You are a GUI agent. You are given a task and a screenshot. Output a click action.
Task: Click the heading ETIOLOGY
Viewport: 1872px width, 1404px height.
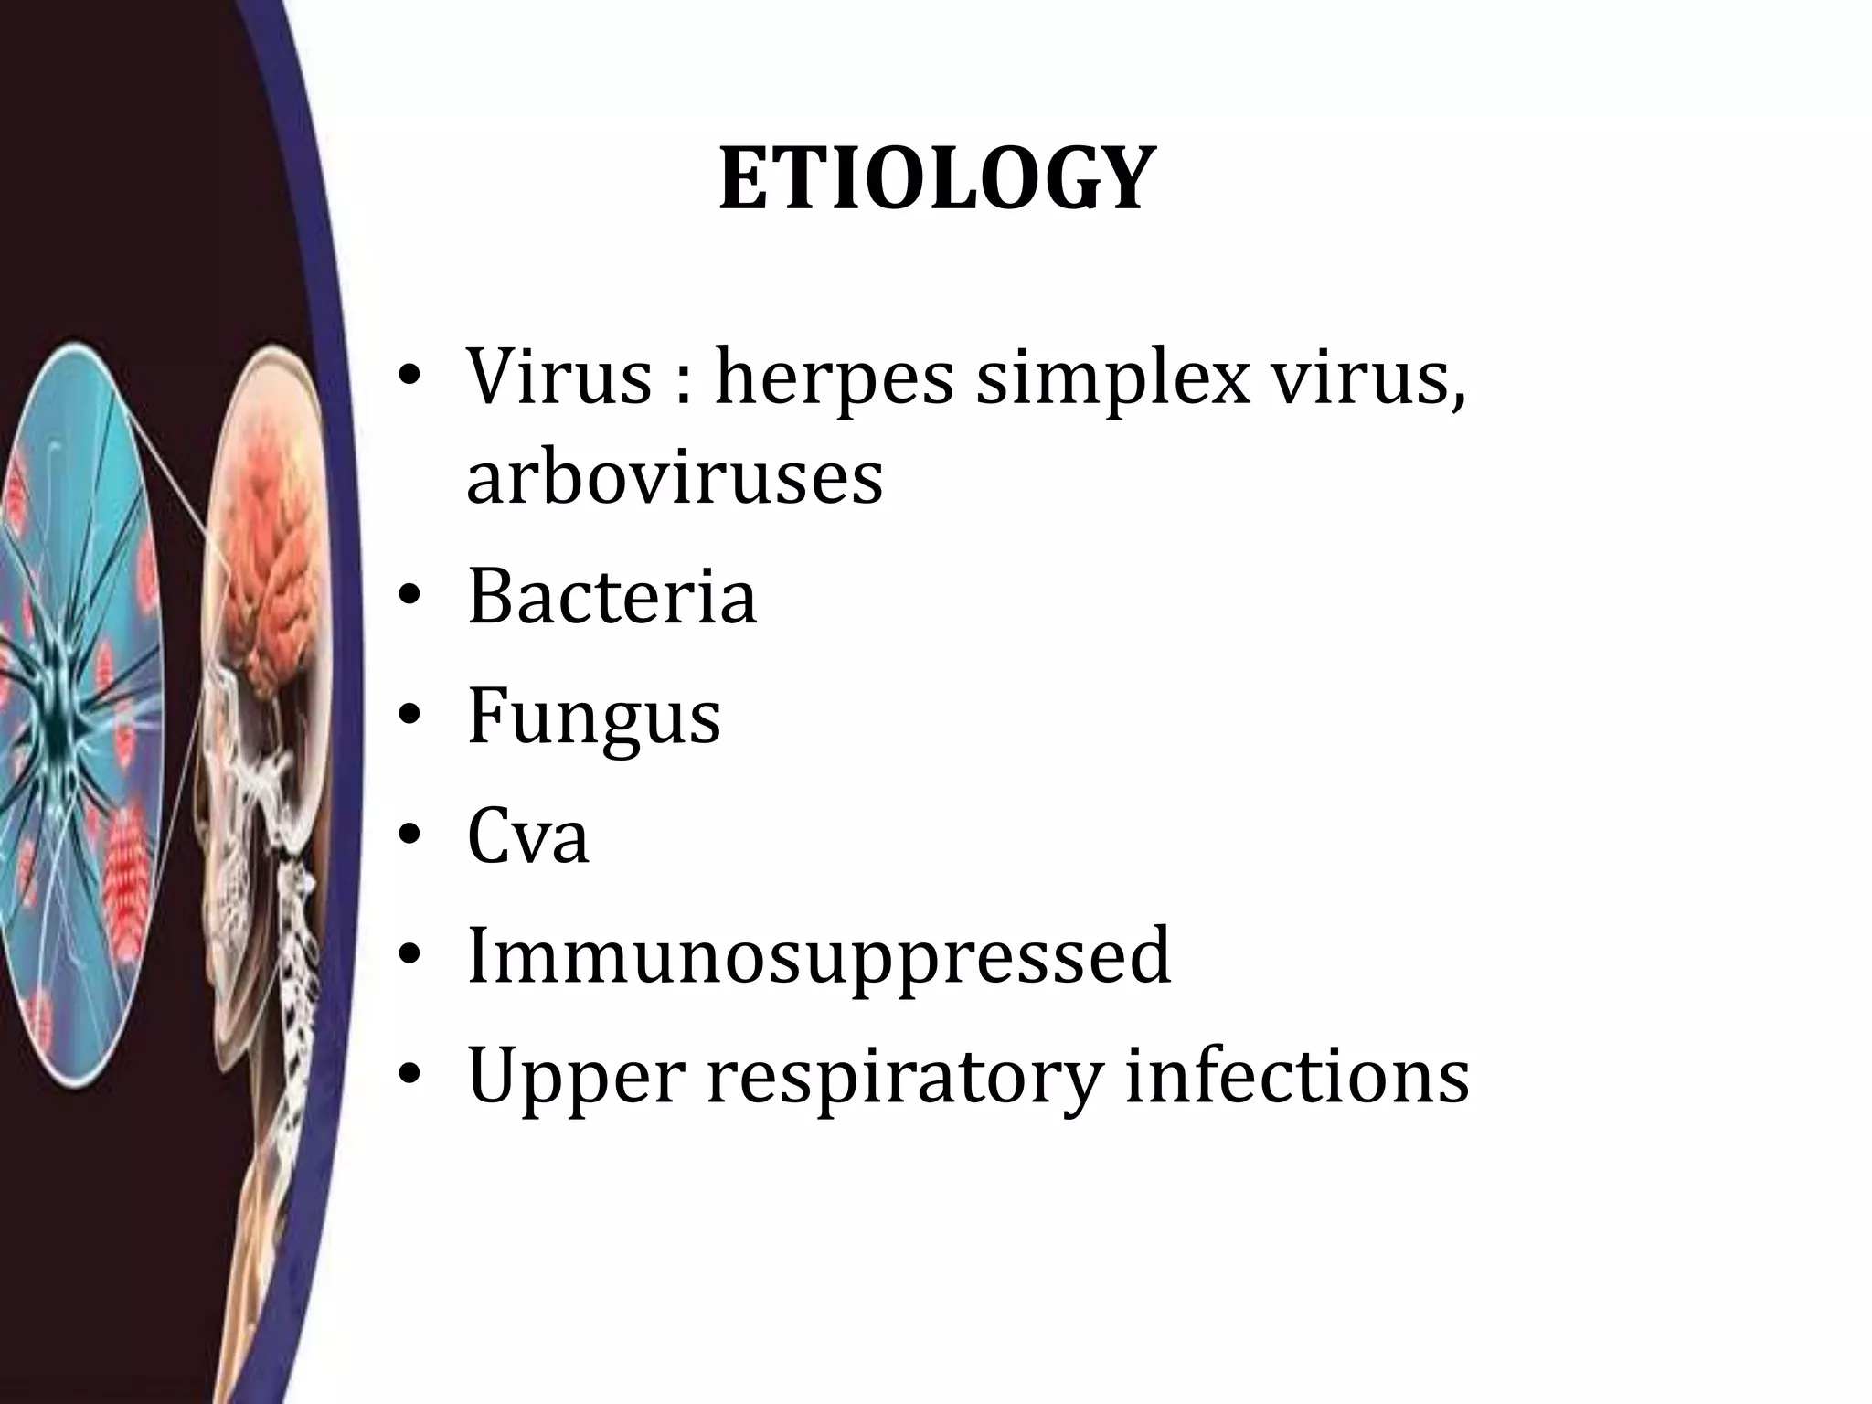[x=933, y=180]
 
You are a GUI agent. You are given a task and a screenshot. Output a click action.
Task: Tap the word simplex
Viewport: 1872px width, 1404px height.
[x=1111, y=377]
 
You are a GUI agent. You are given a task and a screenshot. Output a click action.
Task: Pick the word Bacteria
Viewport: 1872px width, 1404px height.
[x=612, y=597]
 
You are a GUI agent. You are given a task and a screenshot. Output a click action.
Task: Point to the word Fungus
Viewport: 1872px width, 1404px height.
[x=594, y=717]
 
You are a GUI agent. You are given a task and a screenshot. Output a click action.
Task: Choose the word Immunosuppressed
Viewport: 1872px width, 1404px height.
[x=818, y=956]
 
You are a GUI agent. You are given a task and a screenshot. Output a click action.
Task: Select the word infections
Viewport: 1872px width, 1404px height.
[x=1297, y=1076]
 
